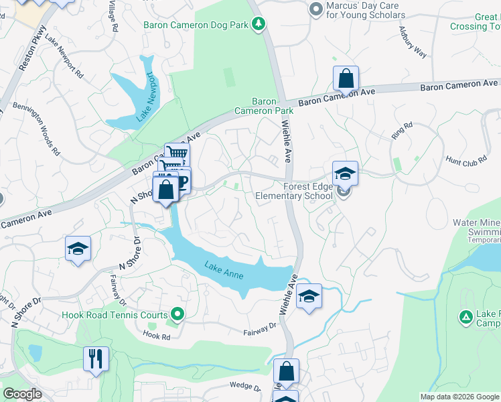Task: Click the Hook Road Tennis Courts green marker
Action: [x=177, y=314]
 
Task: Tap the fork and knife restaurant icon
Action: [x=96, y=358]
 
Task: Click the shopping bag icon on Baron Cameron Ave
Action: [x=346, y=78]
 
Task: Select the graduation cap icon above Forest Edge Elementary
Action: [x=345, y=174]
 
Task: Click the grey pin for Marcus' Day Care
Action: [x=315, y=9]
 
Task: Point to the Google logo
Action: [x=22, y=394]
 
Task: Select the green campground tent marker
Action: [x=465, y=316]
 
